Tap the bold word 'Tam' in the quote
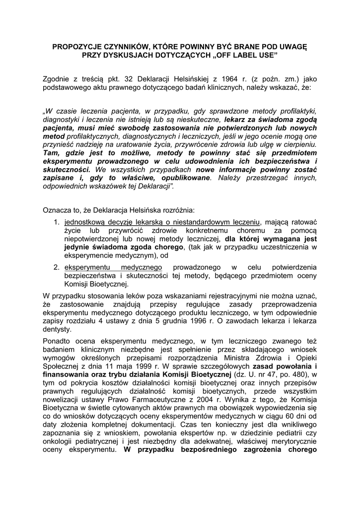point(52,153)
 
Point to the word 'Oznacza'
point(58,210)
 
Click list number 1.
point(57,223)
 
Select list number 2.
point(57,268)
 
